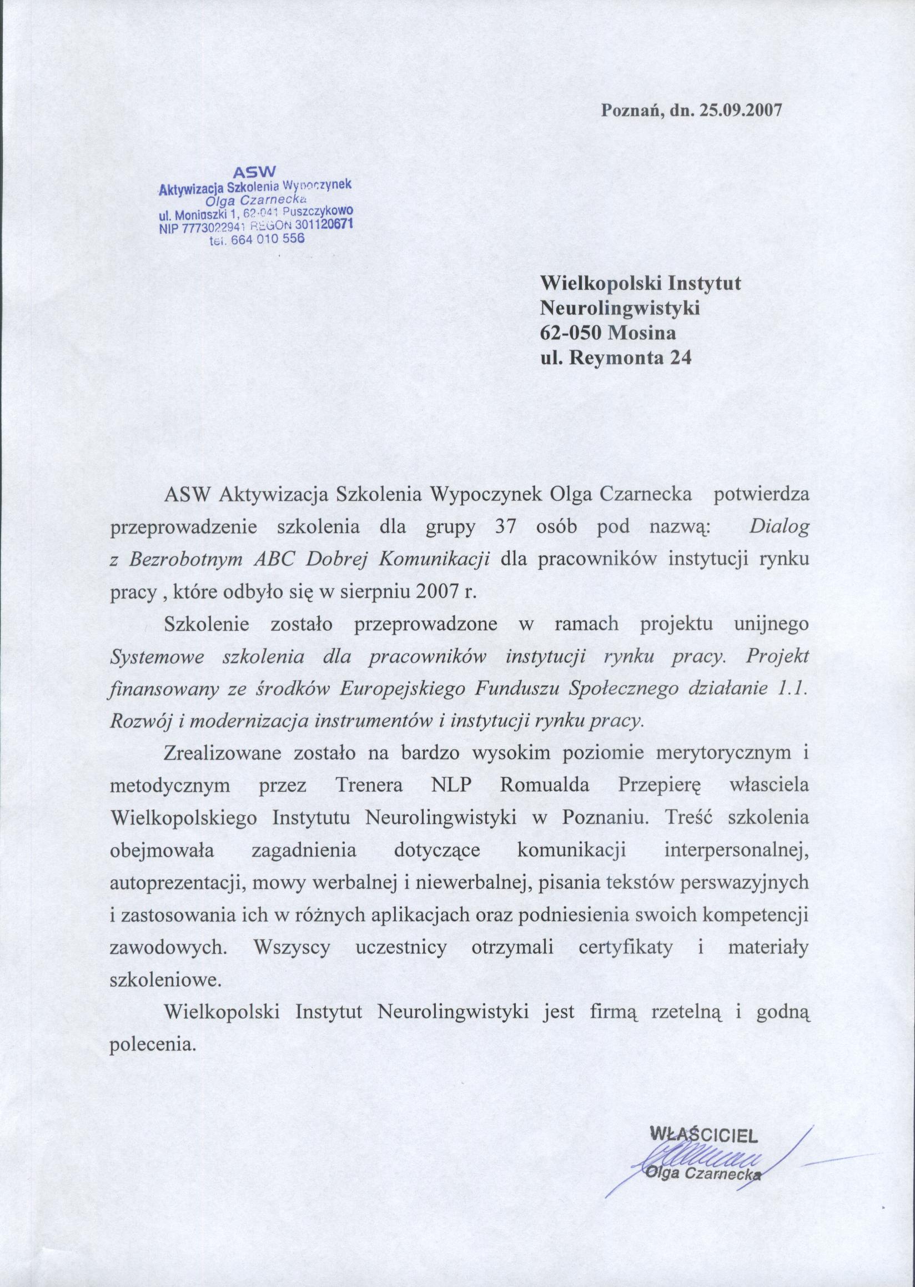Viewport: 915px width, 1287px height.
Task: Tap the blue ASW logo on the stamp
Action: [x=255, y=171]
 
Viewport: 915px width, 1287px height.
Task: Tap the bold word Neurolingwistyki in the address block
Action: [x=620, y=308]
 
